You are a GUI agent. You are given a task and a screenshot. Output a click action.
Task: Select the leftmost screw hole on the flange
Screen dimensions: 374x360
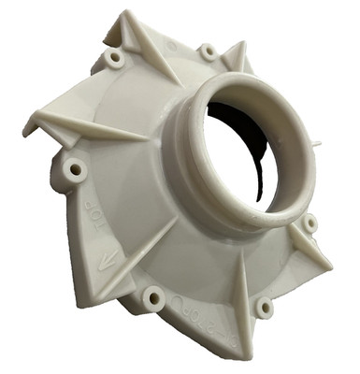pos(75,170)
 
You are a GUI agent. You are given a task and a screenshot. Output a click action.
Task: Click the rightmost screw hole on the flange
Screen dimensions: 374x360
pos(310,223)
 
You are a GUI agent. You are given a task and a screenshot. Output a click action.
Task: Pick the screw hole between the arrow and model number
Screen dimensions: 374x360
pos(152,298)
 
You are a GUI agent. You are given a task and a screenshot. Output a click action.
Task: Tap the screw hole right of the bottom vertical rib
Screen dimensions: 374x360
pos(265,307)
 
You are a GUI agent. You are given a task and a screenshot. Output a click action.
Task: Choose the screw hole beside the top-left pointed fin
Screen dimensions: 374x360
pos(115,58)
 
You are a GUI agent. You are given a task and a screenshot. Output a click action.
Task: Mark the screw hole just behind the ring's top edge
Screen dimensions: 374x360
pos(208,51)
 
